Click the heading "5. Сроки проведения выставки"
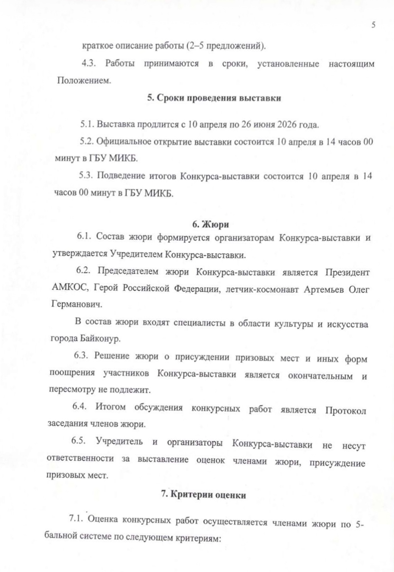click(x=214, y=98)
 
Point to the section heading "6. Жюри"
click(x=210, y=224)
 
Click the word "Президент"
click(x=347, y=273)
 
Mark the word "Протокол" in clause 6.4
click(x=345, y=411)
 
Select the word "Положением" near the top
click(x=84, y=81)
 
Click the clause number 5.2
click(x=86, y=142)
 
